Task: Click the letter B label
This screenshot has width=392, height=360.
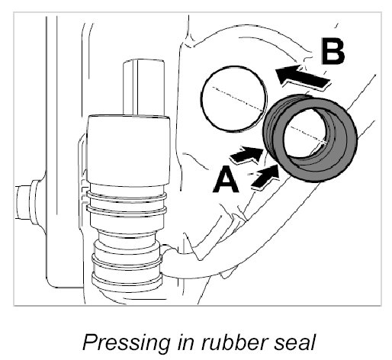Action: pyautogui.click(x=333, y=50)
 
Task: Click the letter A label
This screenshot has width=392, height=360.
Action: pyautogui.click(x=226, y=178)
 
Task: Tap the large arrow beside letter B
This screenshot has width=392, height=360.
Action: pyautogui.click(x=303, y=76)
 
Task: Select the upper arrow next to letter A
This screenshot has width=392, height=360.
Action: pyautogui.click(x=246, y=155)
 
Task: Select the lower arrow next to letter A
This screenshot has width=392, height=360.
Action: pyautogui.click(x=265, y=177)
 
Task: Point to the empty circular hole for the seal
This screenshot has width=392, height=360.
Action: pyautogui.click(x=234, y=98)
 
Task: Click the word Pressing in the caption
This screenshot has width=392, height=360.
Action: pyautogui.click(x=127, y=343)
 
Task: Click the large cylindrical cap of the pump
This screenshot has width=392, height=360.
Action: pyautogui.click(x=128, y=150)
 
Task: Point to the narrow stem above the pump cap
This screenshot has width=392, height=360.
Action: pyautogui.click(x=143, y=87)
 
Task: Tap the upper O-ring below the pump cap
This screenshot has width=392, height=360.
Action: pyautogui.click(x=127, y=196)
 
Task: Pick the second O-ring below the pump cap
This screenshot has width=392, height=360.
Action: pyautogui.click(x=127, y=210)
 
